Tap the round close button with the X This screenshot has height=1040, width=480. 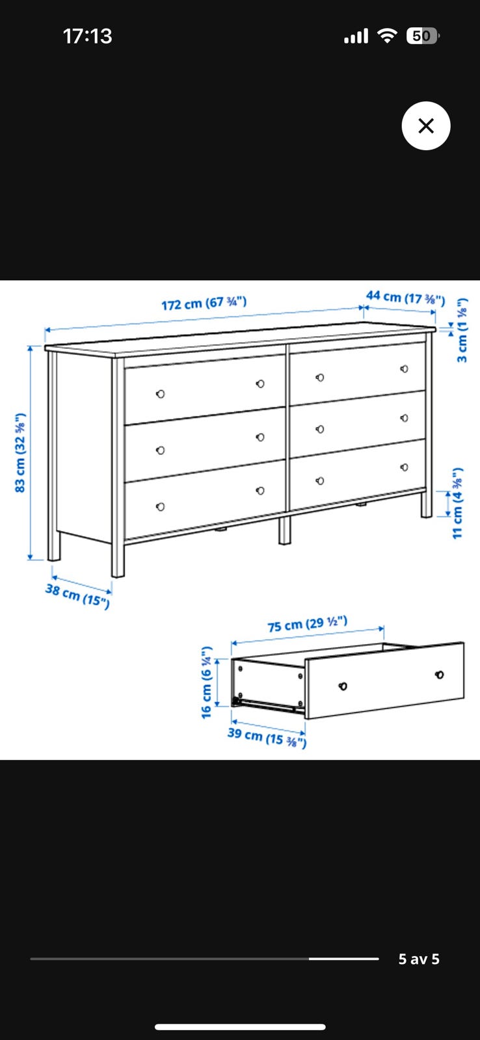(x=425, y=125)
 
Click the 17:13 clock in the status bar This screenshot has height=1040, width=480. (x=87, y=36)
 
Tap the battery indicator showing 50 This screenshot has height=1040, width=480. (x=422, y=36)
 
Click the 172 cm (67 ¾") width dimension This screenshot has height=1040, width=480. (x=204, y=303)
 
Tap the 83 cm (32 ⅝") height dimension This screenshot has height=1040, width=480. (x=20, y=452)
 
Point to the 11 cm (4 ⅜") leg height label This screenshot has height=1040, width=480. (x=458, y=503)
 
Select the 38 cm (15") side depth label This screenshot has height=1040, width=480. (x=77, y=595)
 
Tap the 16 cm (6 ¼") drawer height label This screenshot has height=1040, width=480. (x=206, y=681)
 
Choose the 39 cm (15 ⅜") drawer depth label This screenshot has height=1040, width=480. (x=267, y=737)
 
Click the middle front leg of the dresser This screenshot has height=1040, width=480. (x=284, y=530)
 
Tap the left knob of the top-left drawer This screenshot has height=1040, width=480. (x=160, y=394)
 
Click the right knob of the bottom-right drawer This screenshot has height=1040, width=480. (x=405, y=467)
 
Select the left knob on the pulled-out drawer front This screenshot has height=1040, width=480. (x=343, y=686)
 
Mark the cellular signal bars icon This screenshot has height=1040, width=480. (x=356, y=36)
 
